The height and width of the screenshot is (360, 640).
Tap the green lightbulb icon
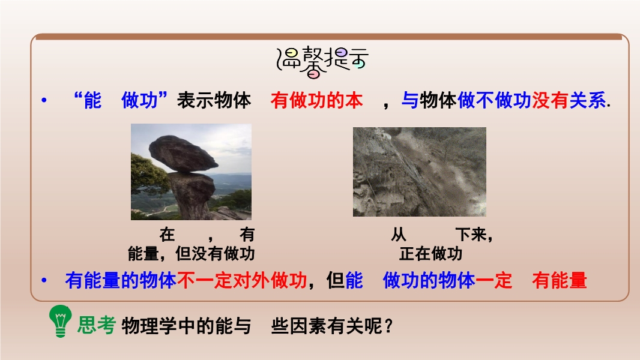(x=61, y=321)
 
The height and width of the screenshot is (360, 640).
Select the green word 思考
(x=96, y=325)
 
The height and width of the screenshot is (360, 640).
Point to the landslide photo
(x=420, y=172)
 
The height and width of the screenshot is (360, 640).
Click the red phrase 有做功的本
(x=316, y=100)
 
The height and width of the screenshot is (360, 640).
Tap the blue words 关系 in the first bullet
(x=587, y=100)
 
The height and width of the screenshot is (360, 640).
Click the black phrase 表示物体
(x=214, y=100)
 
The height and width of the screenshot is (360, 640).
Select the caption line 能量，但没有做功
(x=192, y=254)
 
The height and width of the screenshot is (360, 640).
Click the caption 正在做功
(x=430, y=254)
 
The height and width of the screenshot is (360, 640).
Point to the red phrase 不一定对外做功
(x=242, y=280)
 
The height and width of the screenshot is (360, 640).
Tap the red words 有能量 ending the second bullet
(x=560, y=280)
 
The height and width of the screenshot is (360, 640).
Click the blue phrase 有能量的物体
(x=121, y=280)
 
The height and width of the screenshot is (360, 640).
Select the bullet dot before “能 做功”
(x=44, y=100)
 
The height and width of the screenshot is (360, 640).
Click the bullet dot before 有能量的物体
(x=44, y=280)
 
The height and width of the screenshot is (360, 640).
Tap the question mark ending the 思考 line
(x=388, y=326)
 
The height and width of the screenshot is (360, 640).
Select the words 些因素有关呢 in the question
(x=327, y=326)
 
